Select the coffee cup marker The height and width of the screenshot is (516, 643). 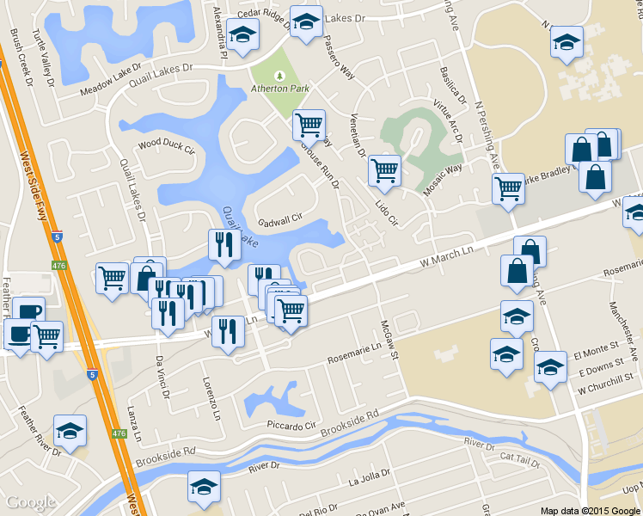(28, 313)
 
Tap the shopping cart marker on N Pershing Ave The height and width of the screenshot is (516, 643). (508, 187)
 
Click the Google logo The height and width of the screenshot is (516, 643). (31, 502)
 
